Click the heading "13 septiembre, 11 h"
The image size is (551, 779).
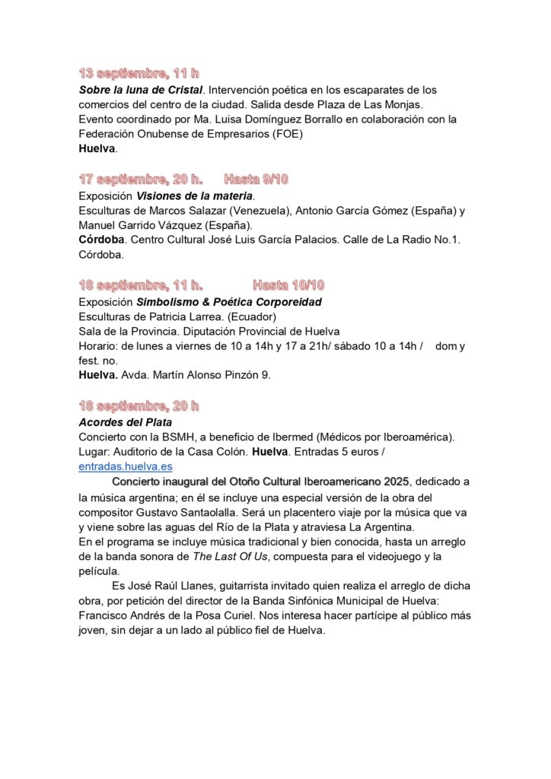pos(139,74)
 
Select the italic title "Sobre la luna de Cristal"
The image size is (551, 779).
pos(141,90)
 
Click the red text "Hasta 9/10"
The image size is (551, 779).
pos(256,180)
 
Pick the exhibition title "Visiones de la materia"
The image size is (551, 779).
pos(194,196)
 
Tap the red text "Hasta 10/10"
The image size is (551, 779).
pos(288,285)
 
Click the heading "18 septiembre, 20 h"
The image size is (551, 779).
pos(139,405)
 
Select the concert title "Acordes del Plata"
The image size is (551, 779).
pos(126,421)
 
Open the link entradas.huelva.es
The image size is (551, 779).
pos(126,466)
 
